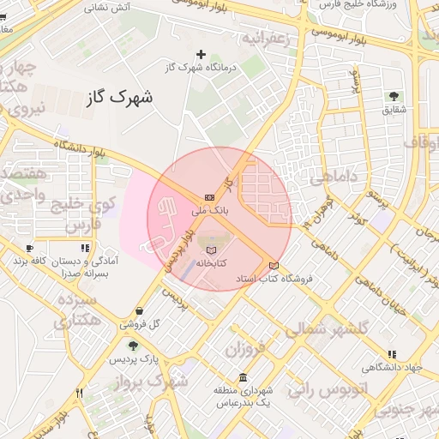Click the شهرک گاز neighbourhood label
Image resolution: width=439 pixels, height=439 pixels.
[119, 96]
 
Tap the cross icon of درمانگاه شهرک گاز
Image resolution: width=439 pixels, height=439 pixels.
[201, 54]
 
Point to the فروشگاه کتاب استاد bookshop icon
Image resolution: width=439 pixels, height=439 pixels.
[274, 265]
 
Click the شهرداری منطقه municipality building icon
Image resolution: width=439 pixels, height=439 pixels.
[244, 377]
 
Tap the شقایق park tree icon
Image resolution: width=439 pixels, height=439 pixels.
[394, 96]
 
